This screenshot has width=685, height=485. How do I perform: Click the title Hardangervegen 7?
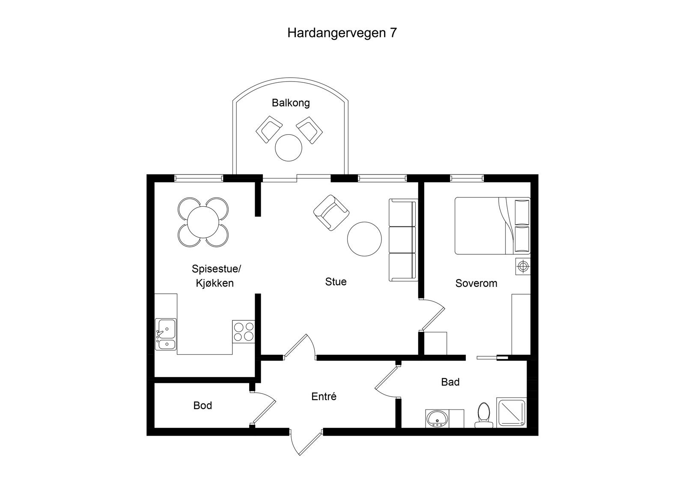[342, 33]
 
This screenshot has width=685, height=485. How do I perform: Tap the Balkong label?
[291, 103]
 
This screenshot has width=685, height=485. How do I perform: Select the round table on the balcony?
[289, 148]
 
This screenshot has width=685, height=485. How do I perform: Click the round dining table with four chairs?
[203, 222]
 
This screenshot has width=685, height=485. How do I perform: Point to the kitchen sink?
[166, 334]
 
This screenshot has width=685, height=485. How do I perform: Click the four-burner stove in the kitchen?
[244, 331]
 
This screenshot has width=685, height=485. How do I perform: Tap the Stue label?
[336, 282]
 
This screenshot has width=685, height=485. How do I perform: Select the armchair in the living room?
[331, 212]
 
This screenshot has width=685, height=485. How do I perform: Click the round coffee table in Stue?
[364, 239]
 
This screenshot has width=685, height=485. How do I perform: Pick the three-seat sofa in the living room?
[403, 240]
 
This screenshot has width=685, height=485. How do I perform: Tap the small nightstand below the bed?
[522, 266]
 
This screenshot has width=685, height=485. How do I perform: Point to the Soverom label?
[476, 283]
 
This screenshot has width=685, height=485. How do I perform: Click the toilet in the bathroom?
[484, 415]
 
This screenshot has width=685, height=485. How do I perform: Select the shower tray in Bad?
[511, 413]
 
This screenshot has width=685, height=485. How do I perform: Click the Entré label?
[324, 397]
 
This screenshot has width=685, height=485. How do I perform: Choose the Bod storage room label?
[203, 406]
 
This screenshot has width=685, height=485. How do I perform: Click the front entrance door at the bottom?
[306, 442]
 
